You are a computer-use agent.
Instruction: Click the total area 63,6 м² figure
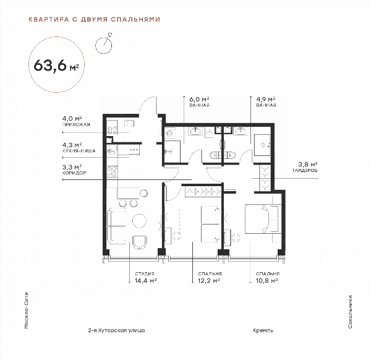pos(56,65)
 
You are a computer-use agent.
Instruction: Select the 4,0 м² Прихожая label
pos(76,121)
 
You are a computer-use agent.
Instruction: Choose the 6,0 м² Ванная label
pos(200,102)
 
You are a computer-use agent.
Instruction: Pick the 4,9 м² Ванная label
pos(266,102)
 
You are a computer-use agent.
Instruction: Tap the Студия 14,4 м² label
pos(145,277)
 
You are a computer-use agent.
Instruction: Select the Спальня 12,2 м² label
pos(210,277)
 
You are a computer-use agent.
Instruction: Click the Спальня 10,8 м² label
pos(268,277)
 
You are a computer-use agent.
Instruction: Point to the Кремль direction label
pos(263,330)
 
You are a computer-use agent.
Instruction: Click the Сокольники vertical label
pos(350,312)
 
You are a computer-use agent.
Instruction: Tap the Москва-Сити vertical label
pos(27,311)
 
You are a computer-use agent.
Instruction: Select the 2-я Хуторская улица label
pos(116,330)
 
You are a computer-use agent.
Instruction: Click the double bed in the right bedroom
pos(263,219)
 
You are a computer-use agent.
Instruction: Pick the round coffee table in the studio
pos(139,221)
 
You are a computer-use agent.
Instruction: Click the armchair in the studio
pos(140,242)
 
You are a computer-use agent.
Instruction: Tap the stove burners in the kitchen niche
pos(112,171)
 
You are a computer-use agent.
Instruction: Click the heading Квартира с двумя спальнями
pos(95,19)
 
